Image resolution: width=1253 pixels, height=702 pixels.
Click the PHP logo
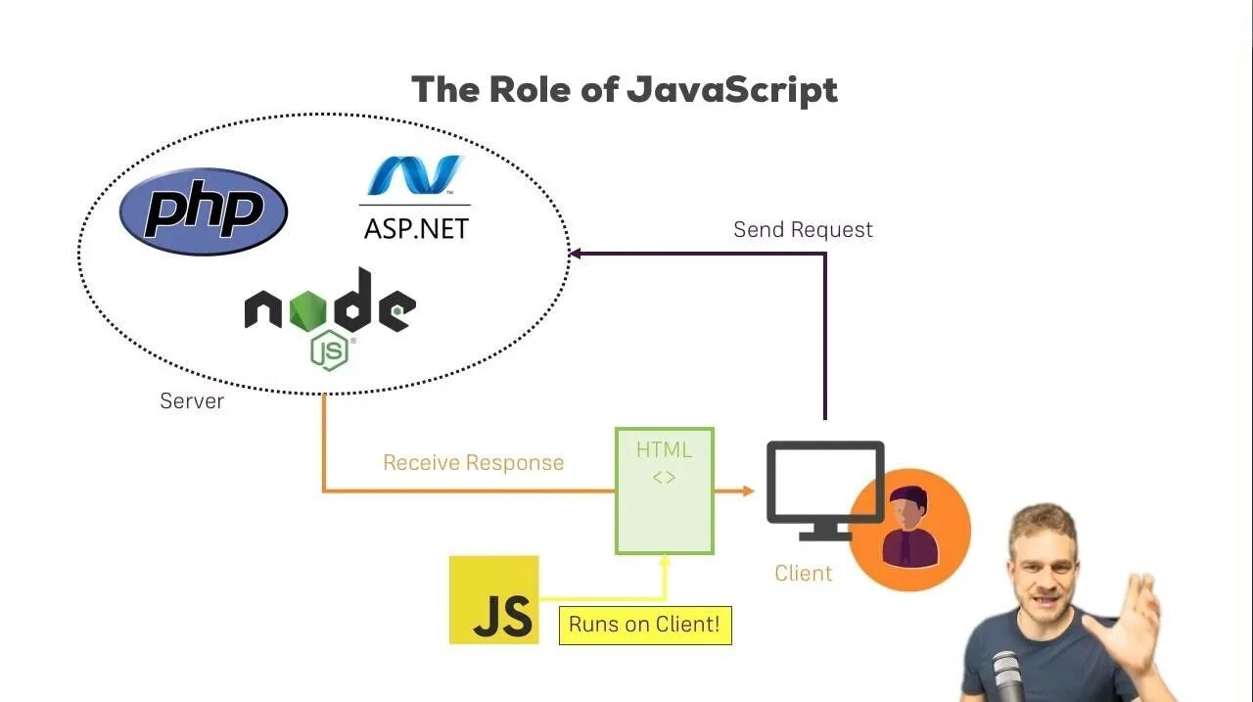204,211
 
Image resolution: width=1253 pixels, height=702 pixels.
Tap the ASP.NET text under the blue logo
416,228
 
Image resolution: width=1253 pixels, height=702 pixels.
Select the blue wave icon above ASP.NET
415,176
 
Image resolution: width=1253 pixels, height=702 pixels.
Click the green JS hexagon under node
330,351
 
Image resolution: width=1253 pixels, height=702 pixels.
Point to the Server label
192,401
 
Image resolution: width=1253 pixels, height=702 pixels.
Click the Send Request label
803,230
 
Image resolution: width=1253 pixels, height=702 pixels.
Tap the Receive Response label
473,463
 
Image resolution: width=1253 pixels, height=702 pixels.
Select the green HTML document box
664,491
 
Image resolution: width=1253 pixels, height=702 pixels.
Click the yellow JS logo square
494,600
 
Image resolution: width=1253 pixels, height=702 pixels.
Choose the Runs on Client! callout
645,625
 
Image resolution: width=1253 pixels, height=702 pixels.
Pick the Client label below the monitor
803,574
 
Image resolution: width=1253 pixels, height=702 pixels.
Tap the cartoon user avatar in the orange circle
909,529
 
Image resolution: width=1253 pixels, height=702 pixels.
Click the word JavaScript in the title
732,90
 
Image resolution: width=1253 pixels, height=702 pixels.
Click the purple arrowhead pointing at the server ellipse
576,253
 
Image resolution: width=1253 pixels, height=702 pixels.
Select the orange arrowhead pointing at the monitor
749,490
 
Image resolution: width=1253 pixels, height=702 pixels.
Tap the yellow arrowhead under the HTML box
665,561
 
